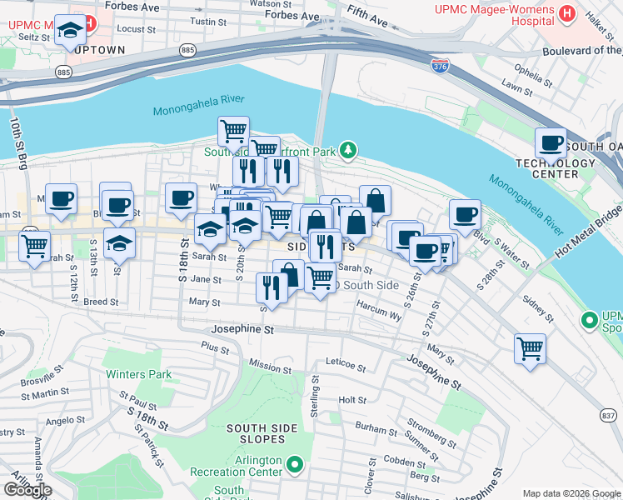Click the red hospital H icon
[567, 13]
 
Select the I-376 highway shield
[440, 64]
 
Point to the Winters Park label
[139, 374]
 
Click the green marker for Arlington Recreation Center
[294, 463]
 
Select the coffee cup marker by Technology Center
[551, 142]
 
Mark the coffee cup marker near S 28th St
[465, 214]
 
